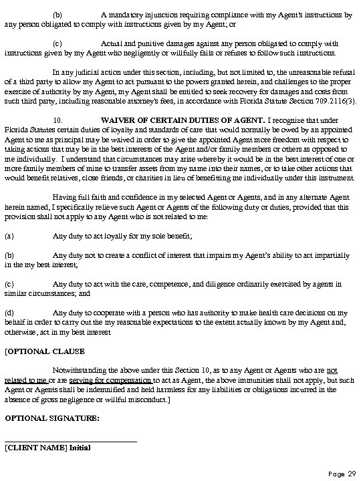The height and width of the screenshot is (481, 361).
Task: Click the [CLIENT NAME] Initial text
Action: point(47,448)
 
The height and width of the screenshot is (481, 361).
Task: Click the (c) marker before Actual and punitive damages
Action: point(57,43)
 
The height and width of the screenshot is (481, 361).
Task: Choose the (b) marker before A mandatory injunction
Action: point(57,14)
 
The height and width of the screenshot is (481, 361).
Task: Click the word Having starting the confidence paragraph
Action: point(65,188)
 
